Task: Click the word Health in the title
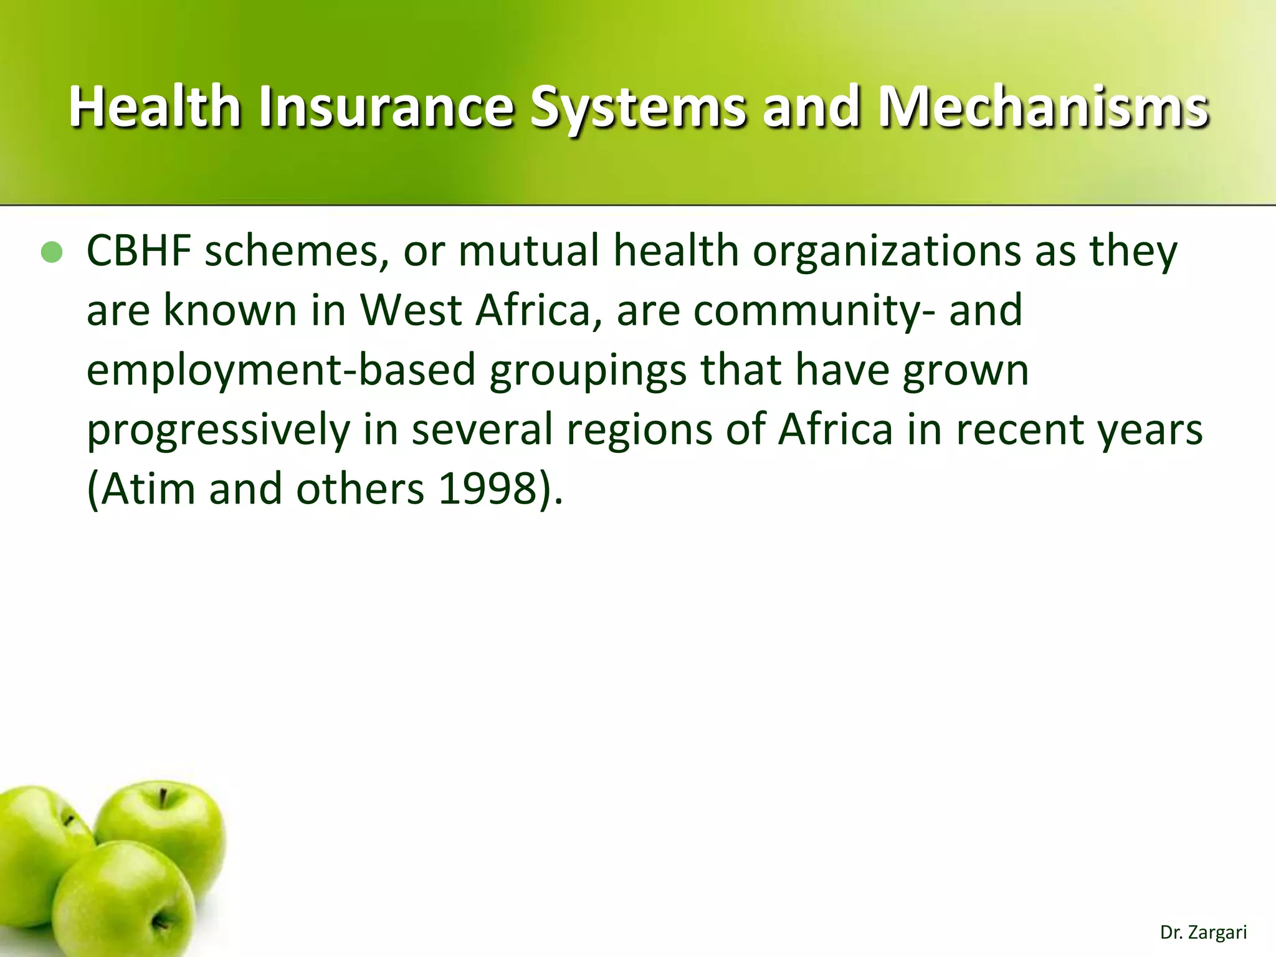tap(155, 107)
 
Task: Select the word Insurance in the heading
tap(386, 107)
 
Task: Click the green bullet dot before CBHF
tap(52, 252)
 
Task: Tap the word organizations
tap(886, 250)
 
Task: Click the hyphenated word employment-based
tap(281, 369)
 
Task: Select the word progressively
tap(219, 429)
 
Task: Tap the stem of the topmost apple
tap(163, 797)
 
